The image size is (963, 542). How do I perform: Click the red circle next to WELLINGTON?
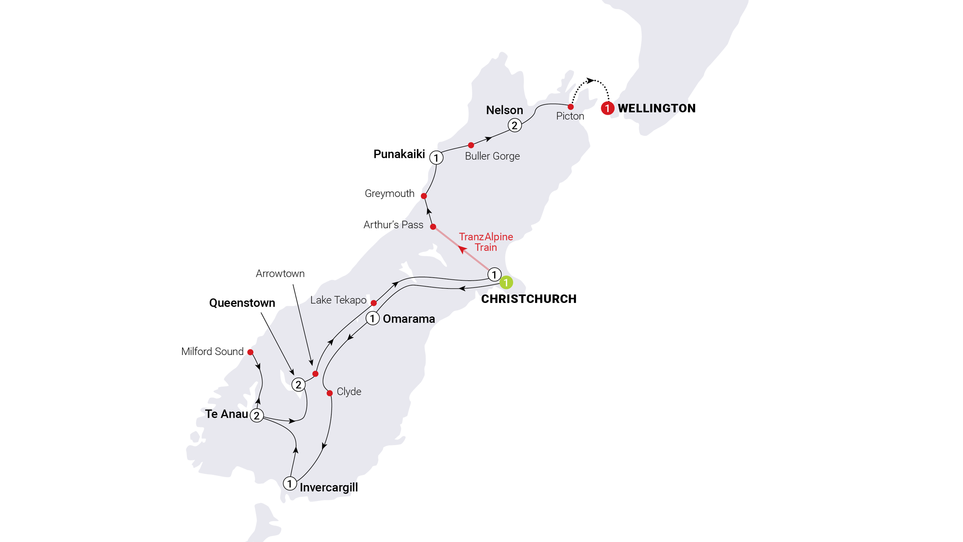coord(607,109)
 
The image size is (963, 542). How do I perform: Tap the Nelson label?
coord(504,110)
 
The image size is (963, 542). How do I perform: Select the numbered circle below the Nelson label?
coord(515,125)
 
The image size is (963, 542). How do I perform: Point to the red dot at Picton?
coord(570,107)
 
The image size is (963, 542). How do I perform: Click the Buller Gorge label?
coord(492,156)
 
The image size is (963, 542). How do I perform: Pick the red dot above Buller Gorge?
coord(471,145)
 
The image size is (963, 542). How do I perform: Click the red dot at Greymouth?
coord(424,196)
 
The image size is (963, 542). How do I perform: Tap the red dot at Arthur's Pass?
coord(433,227)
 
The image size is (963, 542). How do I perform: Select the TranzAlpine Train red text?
coord(486,242)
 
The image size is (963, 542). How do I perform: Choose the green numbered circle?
coord(506,283)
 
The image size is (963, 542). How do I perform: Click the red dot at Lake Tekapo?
coord(373,303)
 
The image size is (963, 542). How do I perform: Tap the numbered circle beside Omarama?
coord(372,319)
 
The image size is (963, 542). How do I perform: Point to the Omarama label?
coord(409,319)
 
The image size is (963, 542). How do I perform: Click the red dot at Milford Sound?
coord(250,352)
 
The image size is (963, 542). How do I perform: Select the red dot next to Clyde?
coord(329,393)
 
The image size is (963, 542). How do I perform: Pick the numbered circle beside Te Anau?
coord(256,415)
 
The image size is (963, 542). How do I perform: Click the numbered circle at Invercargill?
coord(289,483)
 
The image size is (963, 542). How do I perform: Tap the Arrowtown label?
coord(280,274)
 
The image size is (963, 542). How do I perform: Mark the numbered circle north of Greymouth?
coord(436,158)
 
